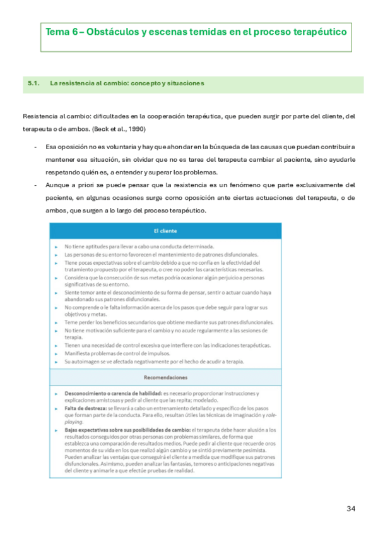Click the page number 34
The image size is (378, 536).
click(351, 509)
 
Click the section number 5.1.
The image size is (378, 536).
click(33, 83)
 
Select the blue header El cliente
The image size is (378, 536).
click(165, 231)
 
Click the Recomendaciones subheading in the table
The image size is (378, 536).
click(165, 377)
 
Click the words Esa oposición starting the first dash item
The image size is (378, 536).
click(66, 147)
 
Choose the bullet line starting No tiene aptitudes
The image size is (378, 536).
click(139, 246)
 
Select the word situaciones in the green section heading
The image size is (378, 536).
click(183, 83)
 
